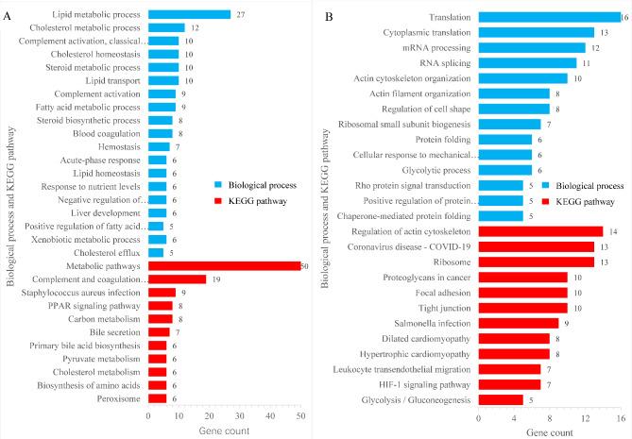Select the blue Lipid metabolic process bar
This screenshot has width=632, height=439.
[x=188, y=14]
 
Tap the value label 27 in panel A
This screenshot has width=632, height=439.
[x=240, y=14]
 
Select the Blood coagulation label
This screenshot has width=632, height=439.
[x=108, y=133]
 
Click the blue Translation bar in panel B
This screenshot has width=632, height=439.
[x=549, y=17]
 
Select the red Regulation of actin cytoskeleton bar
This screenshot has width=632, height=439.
[x=540, y=230]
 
